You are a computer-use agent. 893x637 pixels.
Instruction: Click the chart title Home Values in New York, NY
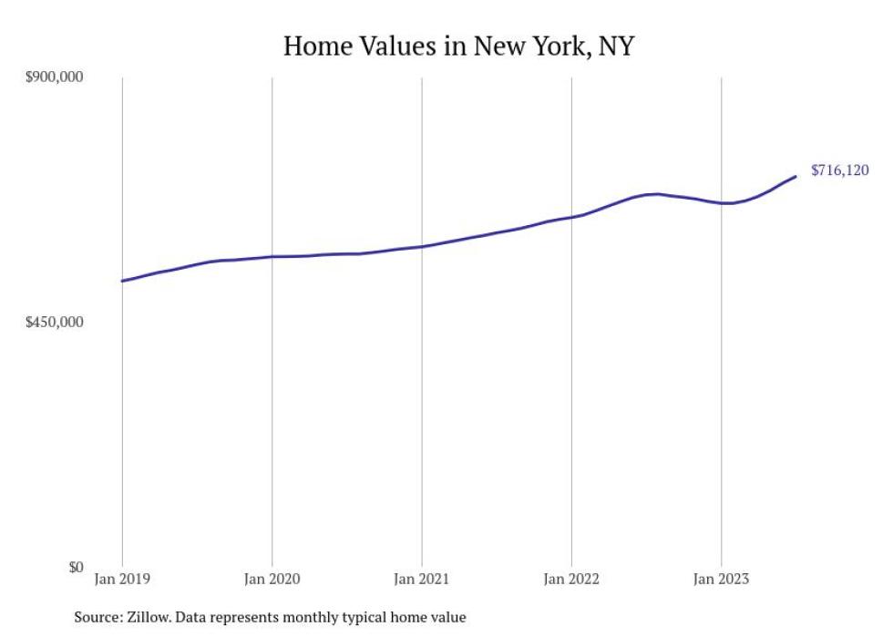[x=457, y=46]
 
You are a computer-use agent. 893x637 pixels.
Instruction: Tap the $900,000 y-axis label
[x=54, y=77]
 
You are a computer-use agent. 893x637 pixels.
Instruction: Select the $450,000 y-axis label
[x=54, y=322]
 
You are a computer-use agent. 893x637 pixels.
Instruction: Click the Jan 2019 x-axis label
[x=122, y=579]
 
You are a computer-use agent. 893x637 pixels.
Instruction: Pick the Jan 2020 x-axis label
[x=272, y=579]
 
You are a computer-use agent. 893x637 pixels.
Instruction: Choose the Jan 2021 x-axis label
[x=421, y=579]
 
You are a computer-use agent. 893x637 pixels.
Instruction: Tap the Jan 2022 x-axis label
[x=571, y=579]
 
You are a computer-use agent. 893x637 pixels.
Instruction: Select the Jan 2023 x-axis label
[x=721, y=579]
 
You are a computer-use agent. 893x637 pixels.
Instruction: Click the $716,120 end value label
[x=839, y=170]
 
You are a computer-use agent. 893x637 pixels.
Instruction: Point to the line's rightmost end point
[x=795, y=176]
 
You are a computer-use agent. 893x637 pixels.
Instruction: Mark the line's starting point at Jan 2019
[x=122, y=281]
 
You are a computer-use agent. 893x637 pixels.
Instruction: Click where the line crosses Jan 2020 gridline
[x=272, y=257]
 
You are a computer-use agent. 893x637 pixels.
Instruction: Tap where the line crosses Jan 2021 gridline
[x=421, y=246]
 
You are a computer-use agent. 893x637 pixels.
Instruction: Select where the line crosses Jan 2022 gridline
[x=571, y=217]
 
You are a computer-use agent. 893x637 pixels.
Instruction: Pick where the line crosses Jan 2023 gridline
[x=721, y=203]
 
